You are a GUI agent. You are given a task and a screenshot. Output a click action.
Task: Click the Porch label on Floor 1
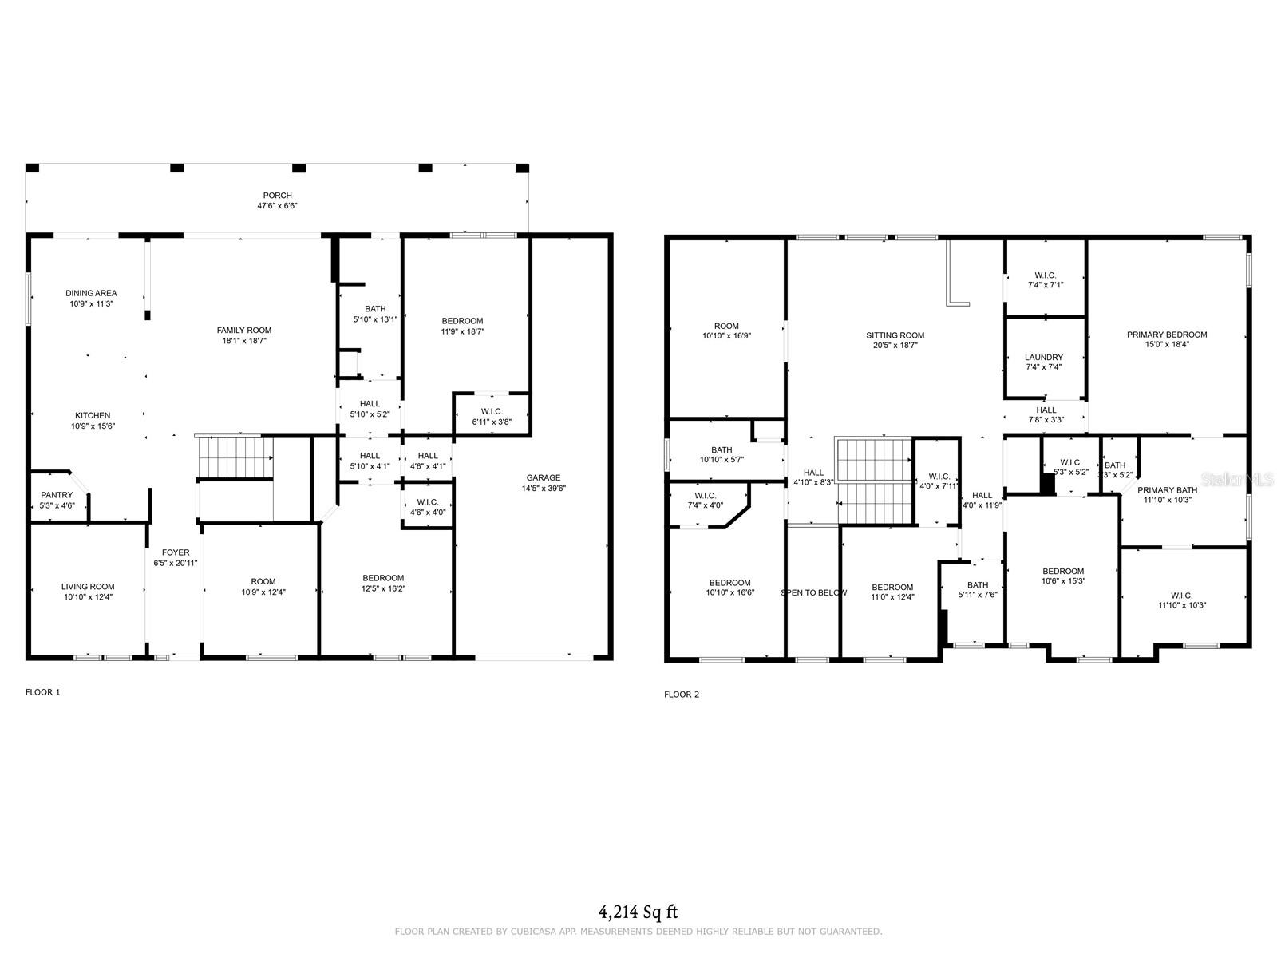[x=277, y=196]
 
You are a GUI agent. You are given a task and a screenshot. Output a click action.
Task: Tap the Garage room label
[x=543, y=478]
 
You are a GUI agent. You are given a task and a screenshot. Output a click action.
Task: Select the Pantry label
[x=57, y=495]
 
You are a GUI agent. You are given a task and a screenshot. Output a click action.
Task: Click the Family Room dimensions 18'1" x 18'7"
[x=243, y=341]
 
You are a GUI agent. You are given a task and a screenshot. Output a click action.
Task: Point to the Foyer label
[x=176, y=552]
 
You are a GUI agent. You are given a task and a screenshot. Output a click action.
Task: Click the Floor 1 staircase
[x=235, y=458]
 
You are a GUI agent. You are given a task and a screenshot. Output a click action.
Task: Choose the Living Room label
[x=88, y=587]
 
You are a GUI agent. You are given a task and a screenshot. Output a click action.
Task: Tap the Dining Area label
[x=91, y=293]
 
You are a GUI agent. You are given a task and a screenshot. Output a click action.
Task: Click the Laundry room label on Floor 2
[x=1044, y=358]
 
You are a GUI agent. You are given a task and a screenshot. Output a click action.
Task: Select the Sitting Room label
[x=895, y=335]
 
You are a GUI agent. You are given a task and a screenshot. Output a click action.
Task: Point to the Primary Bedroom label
[x=1166, y=335]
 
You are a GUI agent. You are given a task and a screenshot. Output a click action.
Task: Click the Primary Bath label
[x=1167, y=490]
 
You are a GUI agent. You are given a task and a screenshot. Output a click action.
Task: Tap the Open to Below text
[x=813, y=592]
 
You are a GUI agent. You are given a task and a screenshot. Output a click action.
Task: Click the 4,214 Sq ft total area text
[x=638, y=912]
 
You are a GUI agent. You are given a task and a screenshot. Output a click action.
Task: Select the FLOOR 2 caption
[x=681, y=695]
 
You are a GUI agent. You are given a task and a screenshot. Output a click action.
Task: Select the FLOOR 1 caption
[x=42, y=692]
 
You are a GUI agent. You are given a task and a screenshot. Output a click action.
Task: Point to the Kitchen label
[x=93, y=415]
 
